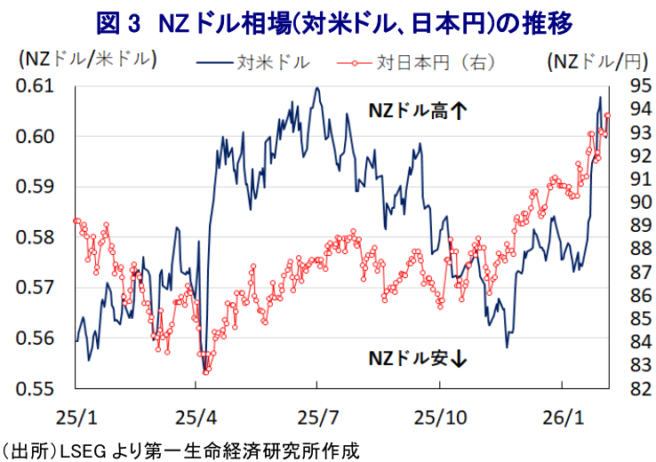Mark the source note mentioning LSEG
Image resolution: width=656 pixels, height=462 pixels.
pos(182,450)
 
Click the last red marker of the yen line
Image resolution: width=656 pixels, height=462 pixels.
pos(607,115)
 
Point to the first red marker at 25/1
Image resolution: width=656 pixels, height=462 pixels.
pos(76,220)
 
